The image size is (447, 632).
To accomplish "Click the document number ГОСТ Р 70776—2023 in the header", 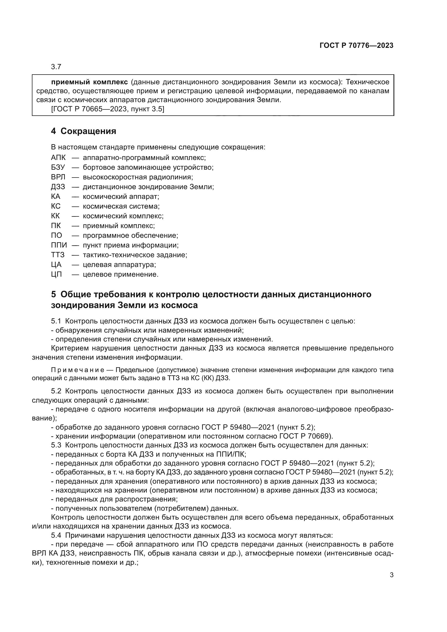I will (x=356, y=45).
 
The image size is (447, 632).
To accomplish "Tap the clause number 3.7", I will (x=56, y=67).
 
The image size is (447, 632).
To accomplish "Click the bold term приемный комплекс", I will (x=89, y=82).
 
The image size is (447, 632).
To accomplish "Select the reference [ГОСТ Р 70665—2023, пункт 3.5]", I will (x=108, y=109).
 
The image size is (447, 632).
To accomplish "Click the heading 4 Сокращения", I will (x=84, y=131).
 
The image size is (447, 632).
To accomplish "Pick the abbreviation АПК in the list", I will (x=58, y=158).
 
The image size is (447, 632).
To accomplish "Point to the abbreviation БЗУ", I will (x=58, y=167).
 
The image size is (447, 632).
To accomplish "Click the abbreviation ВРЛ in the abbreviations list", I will (x=58, y=177).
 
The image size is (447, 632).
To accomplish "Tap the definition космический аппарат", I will (x=121, y=196).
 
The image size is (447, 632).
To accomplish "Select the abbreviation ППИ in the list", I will (x=59, y=245).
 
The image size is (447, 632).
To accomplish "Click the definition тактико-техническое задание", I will (x=135, y=255).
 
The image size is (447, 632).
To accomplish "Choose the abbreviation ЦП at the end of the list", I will (x=56, y=275).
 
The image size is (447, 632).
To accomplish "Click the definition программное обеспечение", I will (x=131, y=235).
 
